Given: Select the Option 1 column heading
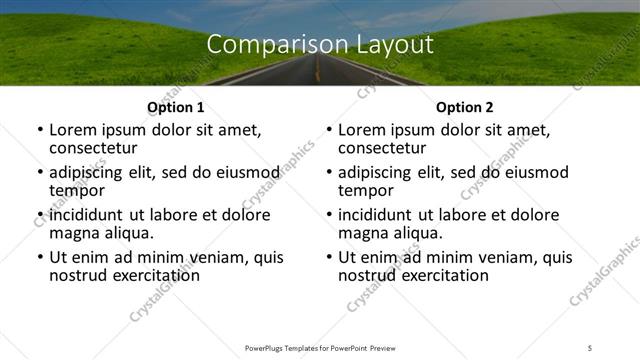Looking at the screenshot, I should click(176, 107).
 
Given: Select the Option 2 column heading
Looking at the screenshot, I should click(465, 107).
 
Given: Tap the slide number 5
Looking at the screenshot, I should click(590, 348).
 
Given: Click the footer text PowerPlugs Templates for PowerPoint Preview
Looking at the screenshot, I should click(319, 348).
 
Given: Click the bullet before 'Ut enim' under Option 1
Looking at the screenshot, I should click(40, 257).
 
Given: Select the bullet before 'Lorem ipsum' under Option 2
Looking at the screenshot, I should click(329, 130).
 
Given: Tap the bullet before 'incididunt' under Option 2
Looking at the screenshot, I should click(329, 215).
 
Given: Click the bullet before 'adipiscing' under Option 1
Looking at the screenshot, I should click(40, 172).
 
